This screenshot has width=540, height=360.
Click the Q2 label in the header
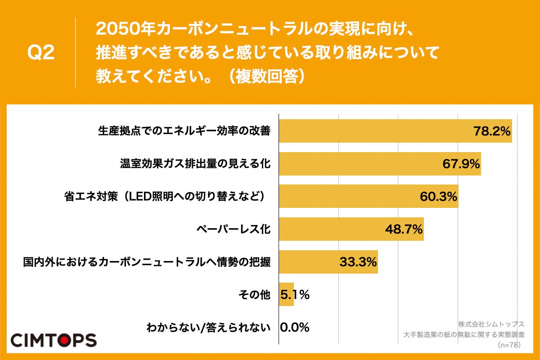pos(41,53)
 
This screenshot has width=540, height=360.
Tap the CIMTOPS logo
pos(53,340)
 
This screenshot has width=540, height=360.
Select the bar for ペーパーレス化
pos(351,229)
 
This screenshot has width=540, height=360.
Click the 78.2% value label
pos(491,131)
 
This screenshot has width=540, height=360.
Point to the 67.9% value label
pos(461,164)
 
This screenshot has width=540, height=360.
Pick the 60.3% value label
pos(438,197)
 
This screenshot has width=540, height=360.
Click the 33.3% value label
pos(358,262)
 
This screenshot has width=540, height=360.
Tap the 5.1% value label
pos(295,295)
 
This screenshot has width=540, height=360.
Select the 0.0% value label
pos(295,328)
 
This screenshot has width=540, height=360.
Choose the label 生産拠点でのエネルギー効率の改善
pos(184,131)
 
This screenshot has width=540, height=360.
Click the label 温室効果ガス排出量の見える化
pos(195,164)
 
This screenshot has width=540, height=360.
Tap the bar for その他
pos(286,295)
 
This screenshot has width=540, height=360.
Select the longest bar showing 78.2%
pos(395,131)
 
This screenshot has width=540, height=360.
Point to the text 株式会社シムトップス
pos(491,324)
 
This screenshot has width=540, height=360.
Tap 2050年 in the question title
pos(119,30)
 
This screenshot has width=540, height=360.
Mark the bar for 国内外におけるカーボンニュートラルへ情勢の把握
pos(328,262)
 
